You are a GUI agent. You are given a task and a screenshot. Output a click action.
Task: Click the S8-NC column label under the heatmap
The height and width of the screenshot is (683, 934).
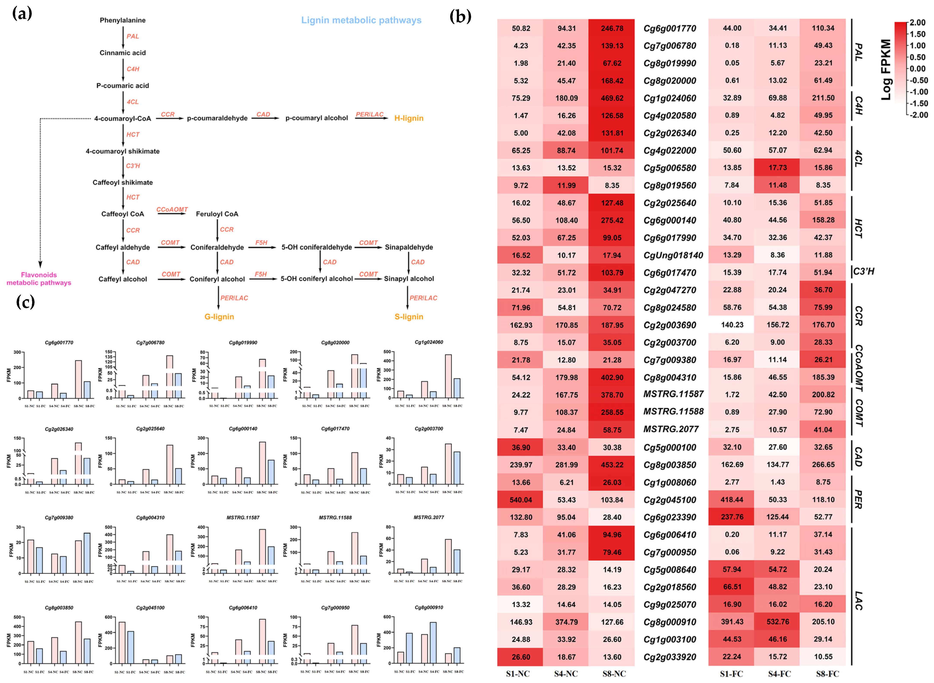point(614,674)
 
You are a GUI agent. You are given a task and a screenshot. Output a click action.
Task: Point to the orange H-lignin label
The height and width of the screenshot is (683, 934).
point(409,118)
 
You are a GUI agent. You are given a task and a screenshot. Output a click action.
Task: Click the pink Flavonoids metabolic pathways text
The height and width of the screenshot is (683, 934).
point(39,279)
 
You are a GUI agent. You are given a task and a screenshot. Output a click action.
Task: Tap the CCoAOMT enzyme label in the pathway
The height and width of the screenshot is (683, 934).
point(172,210)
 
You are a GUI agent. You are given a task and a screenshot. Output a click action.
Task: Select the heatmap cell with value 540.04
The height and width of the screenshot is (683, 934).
point(521,500)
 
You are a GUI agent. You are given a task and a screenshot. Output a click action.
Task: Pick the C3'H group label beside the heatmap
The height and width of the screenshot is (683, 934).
point(864,272)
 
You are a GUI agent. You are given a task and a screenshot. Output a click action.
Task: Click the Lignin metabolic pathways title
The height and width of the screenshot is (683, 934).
point(361,20)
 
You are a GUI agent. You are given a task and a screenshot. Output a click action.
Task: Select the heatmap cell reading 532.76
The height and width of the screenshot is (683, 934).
point(778,622)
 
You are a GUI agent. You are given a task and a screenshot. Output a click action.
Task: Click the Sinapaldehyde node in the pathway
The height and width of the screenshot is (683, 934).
point(409,247)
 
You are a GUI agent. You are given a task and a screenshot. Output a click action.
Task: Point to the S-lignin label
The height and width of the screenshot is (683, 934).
point(409,317)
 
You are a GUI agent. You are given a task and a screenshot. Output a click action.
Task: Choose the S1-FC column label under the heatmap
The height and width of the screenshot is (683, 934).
point(731,674)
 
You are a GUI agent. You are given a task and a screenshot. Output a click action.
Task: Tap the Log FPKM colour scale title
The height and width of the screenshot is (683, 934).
point(886,69)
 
